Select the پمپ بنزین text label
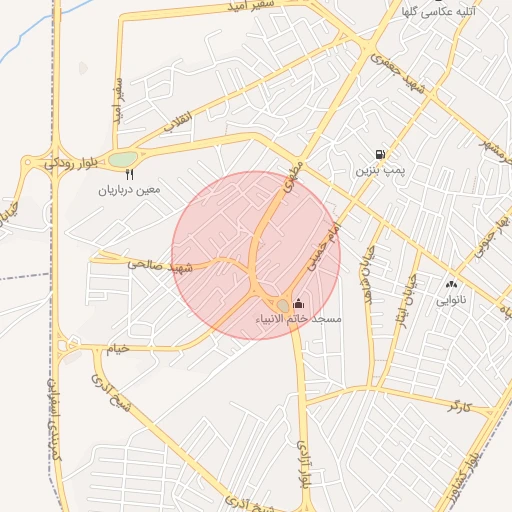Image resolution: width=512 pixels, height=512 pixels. (x=377, y=172)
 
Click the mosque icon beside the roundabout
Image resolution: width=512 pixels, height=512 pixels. (x=299, y=303)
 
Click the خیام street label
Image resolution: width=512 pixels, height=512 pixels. (x=119, y=348)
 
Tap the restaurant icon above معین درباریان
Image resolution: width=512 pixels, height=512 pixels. (x=130, y=174)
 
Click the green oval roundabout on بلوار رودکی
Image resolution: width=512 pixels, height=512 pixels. (x=122, y=159)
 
